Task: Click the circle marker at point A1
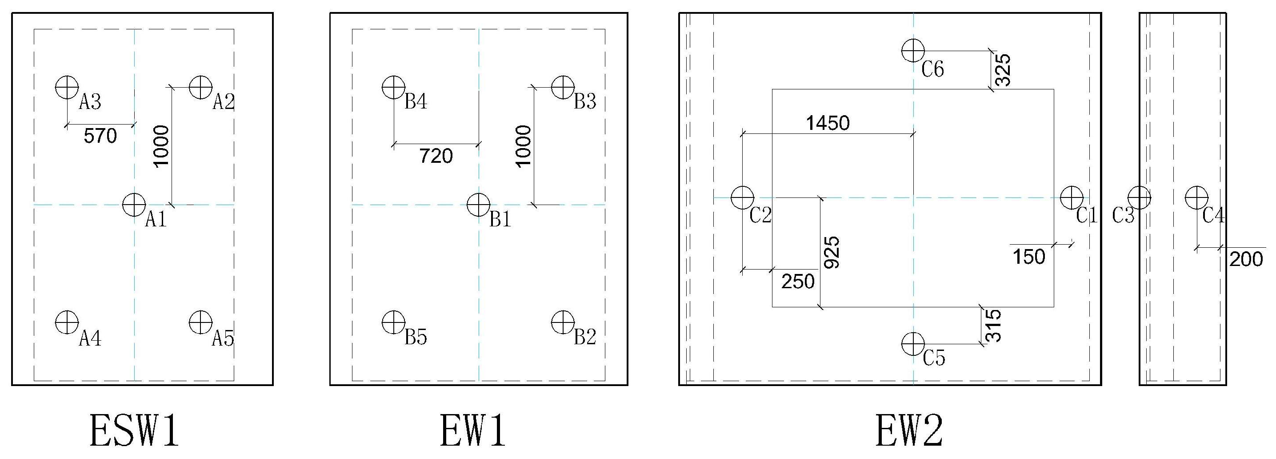(x=134, y=204)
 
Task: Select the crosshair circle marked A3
(x=67, y=88)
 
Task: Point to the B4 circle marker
(x=394, y=88)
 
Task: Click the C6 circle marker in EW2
(x=913, y=50)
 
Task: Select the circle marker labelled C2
(x=742, y=197)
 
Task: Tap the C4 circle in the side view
(x=1196, y=197)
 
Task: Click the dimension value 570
(x=100, y=136)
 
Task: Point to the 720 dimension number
(x=436, y=156)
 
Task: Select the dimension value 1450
(x=828, y=123)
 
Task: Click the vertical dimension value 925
(x=832, y=252)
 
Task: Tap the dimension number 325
(x=1002, y=69)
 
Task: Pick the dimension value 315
(x=993, y=326)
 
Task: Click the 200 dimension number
(x=1246, y=259)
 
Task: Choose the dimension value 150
(x=1029, y=257)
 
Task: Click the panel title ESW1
(x=134, y=432)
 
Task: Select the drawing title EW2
(x=909, y=432)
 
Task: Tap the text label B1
(x=500, y=219)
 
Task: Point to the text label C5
(x=934, y=358)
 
